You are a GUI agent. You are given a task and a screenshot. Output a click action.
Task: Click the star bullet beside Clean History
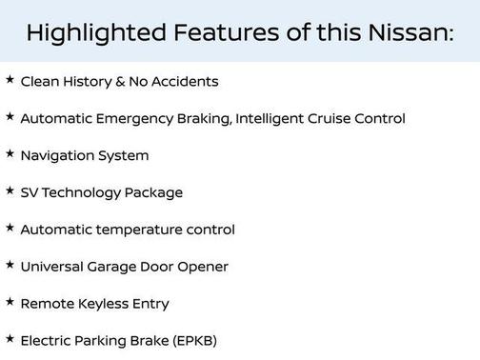pos(10,80)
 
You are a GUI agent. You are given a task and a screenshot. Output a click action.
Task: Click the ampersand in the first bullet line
pos(120,81)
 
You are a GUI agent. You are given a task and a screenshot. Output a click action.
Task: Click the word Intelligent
pos(283,118)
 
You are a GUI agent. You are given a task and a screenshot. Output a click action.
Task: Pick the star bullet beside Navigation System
pos(10,153)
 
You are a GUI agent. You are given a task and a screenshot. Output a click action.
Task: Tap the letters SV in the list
pos(30,192)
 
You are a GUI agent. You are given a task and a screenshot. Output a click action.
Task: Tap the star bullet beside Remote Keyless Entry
pos(10,302)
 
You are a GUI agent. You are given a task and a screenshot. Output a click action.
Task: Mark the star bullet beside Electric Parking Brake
pos(10,338)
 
